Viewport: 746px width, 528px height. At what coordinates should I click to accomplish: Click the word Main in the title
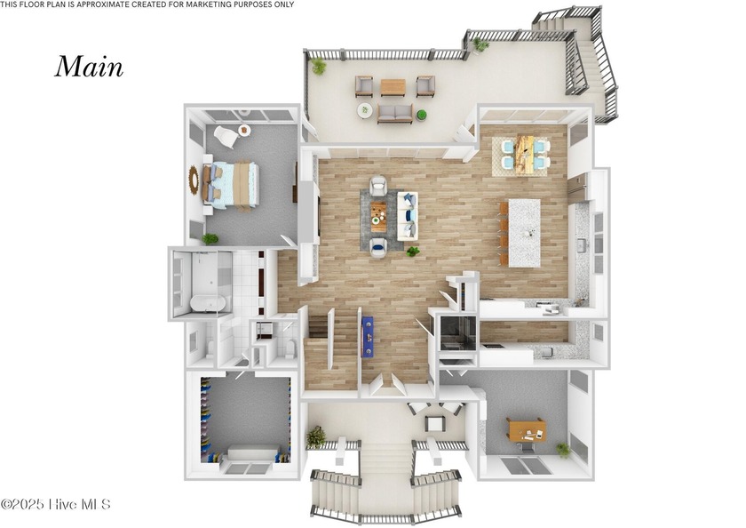point(89,67)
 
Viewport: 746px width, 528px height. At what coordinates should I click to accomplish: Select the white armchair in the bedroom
point(225,137)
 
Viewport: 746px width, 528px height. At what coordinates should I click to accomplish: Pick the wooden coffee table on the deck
point(393,87)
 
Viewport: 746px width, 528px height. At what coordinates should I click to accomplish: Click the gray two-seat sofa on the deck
point(394,114)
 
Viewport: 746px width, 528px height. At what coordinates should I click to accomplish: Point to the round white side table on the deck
point(365,110)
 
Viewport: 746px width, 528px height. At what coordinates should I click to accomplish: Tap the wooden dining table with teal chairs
point(524,153)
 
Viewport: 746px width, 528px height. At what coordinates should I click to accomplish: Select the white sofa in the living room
point(408,216)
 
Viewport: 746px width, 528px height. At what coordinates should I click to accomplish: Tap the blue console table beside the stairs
point(367,335)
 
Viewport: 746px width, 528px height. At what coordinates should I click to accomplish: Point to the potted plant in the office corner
point(563,449)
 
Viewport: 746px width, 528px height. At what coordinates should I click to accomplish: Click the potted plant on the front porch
point(315,436)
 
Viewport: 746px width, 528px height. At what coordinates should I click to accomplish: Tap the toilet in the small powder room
point(291,349)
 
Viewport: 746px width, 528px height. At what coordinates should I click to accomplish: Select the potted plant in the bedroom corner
point(210,238)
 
